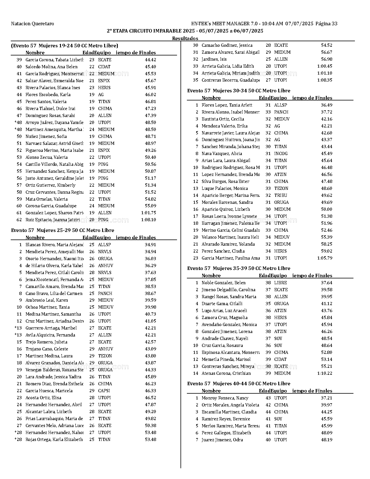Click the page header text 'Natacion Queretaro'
point(33,24)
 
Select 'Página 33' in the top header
point(326,24)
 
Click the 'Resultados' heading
point(185,38)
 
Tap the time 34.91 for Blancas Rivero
point(150,245)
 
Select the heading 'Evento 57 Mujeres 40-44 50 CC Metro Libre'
point(239,383)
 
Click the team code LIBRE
point(280,283)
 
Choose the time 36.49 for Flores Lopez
point(326,105)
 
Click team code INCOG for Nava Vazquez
point(281,154)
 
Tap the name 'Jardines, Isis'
point(214,59)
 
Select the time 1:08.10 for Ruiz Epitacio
point(148,220)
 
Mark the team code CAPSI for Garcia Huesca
point(104,391)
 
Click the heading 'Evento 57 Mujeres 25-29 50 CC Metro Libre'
point(62,230)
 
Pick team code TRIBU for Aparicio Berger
point(280,195)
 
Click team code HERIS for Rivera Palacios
point(104,88)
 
